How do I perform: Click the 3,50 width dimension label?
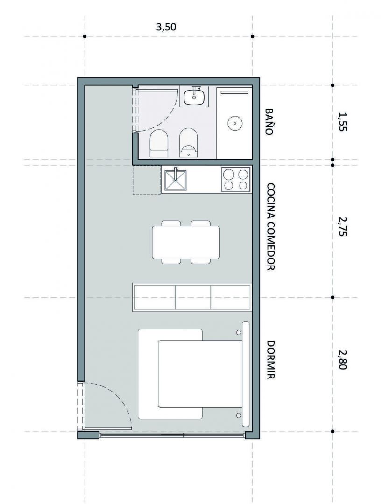(x=166, y=27)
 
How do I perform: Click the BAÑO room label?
(x=269, y=121)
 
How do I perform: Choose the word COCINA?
(x=270, y=202)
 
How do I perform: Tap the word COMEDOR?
(x=270, y=247)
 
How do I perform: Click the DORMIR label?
(x=270, y=360)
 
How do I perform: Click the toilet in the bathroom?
(x=159, y=143)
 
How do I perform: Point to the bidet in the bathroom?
(x=189, y=143)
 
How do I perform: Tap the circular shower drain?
(x=235, y=123)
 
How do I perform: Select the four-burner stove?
(x=236, y=179)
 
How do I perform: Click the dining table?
(x=186, y=242)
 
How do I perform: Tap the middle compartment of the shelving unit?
(x=193, y=297)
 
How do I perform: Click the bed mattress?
(x=199, y=374)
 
